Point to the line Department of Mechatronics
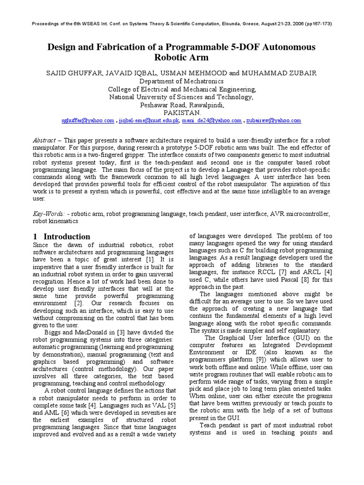click(x=182, y=81)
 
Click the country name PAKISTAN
click(x=182, y=113)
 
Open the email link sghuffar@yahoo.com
click(x=88, y=121)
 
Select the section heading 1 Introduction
click(x=62, y=236)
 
